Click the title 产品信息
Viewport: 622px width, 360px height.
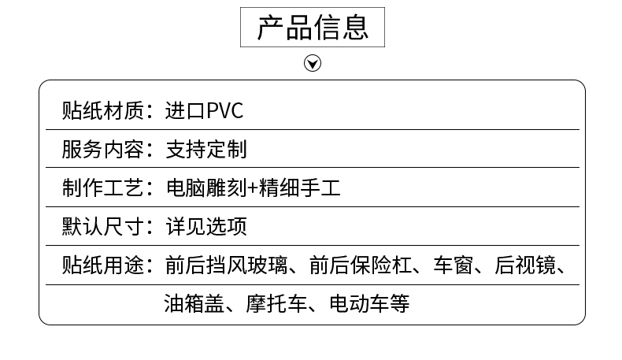[313, 28]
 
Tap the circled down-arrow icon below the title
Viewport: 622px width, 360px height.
[313, 63]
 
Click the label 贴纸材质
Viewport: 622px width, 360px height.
[103, 110]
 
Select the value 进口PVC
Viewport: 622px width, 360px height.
[205, 110]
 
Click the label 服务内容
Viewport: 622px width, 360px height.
[103, 149]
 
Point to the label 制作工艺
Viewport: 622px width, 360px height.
[103, 188]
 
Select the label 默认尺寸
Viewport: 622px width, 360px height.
[103, 227]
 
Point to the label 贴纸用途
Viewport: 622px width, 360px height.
[103, 265]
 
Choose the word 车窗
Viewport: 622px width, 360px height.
[453, 265]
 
